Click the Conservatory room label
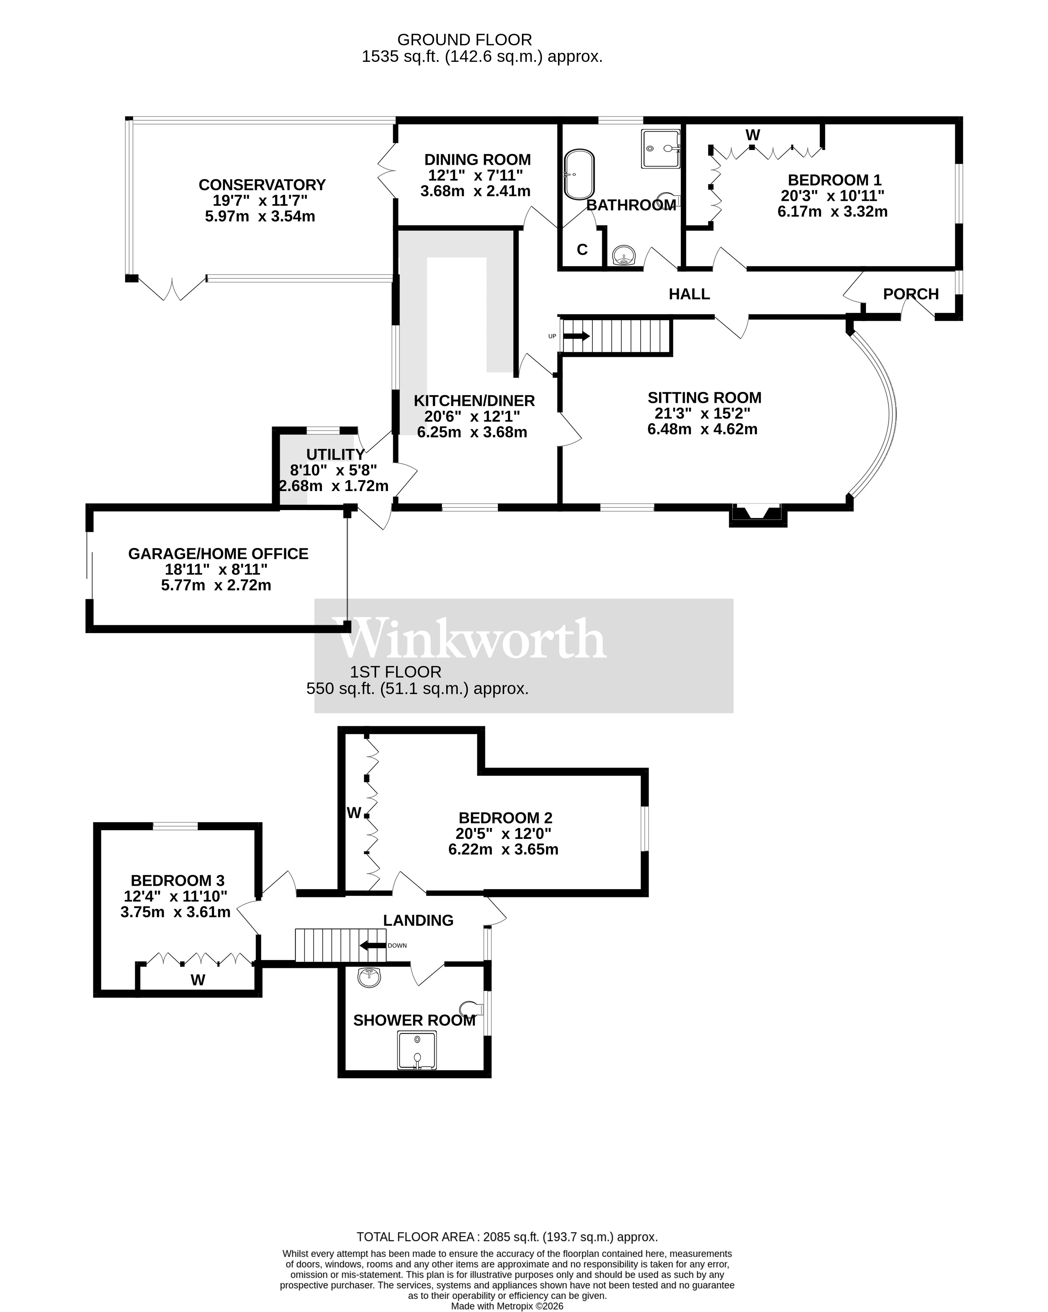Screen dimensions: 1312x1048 coord(262,184)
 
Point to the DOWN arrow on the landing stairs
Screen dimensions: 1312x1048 coord(372,946)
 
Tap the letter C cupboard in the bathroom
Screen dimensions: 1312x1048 coord(582,249)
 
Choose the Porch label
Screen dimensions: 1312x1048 coord(910,294)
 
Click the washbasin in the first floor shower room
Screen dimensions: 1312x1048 coord(370,978)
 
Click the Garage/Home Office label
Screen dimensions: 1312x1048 coord(218,554)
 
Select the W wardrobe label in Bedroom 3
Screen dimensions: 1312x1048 coord(198,980)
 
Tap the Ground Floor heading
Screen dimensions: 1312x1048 coord(464,40)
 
